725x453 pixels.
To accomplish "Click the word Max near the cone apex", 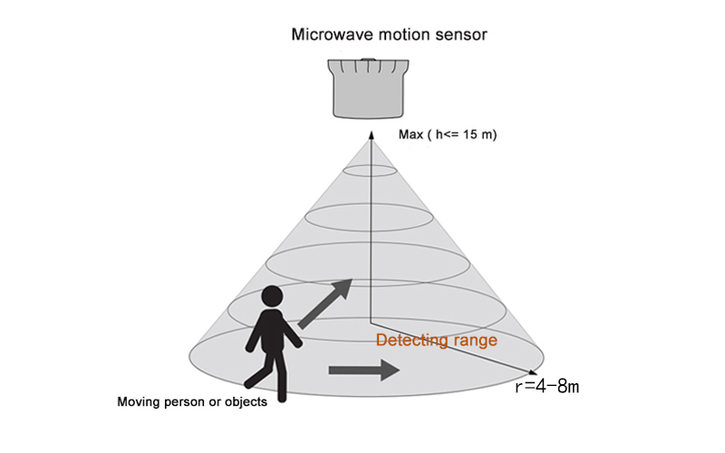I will pos(411,135).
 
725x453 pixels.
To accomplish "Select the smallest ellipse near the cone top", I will pos(369,170).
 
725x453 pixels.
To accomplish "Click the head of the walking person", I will pos(273,296).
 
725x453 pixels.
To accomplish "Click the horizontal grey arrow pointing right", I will pos(363,369).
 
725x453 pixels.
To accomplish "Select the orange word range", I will pos(478,341).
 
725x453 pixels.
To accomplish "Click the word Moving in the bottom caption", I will pos(140,401).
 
